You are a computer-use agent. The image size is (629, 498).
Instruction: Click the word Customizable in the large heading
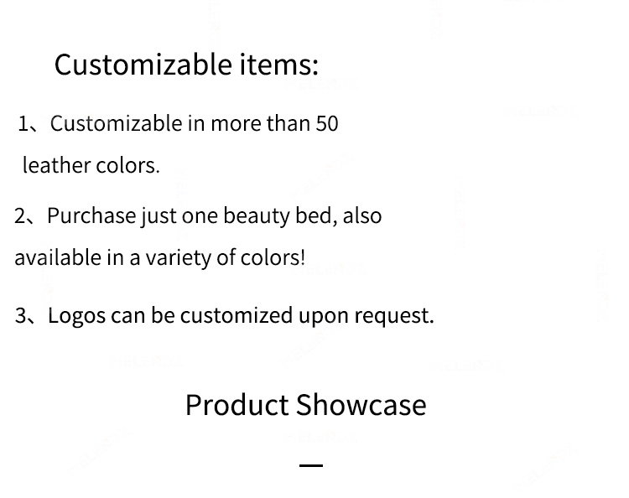pyautogui.click(x=143, y=65)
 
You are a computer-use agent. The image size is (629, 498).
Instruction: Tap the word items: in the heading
pyautogui.click(x=278, y=65)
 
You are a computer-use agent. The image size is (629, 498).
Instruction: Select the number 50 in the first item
pyautogui.click(x=327, y=123)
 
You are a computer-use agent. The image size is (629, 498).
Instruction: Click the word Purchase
pyautogui.click(x=91, y=215)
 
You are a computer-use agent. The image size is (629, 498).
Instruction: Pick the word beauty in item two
pyautogui.click(x=256, y=216)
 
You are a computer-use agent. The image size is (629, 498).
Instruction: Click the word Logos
pyautogui.click(x=76, y=316)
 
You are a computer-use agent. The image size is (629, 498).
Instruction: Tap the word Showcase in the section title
pyautogui.click(x=361, y=405)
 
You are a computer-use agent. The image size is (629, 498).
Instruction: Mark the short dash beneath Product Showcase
pyautogui.click(x=311, y=465)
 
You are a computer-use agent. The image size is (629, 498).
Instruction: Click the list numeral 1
pyautogui.click(x=23, y=124)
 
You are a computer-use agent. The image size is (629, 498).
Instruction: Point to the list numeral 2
pyautogui.click(x=19, y=216)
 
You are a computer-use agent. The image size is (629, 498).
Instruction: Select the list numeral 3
pyautogui.click(x=20, y=316)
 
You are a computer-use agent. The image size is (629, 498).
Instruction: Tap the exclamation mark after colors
pyautogui.click(x=303, y=257)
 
